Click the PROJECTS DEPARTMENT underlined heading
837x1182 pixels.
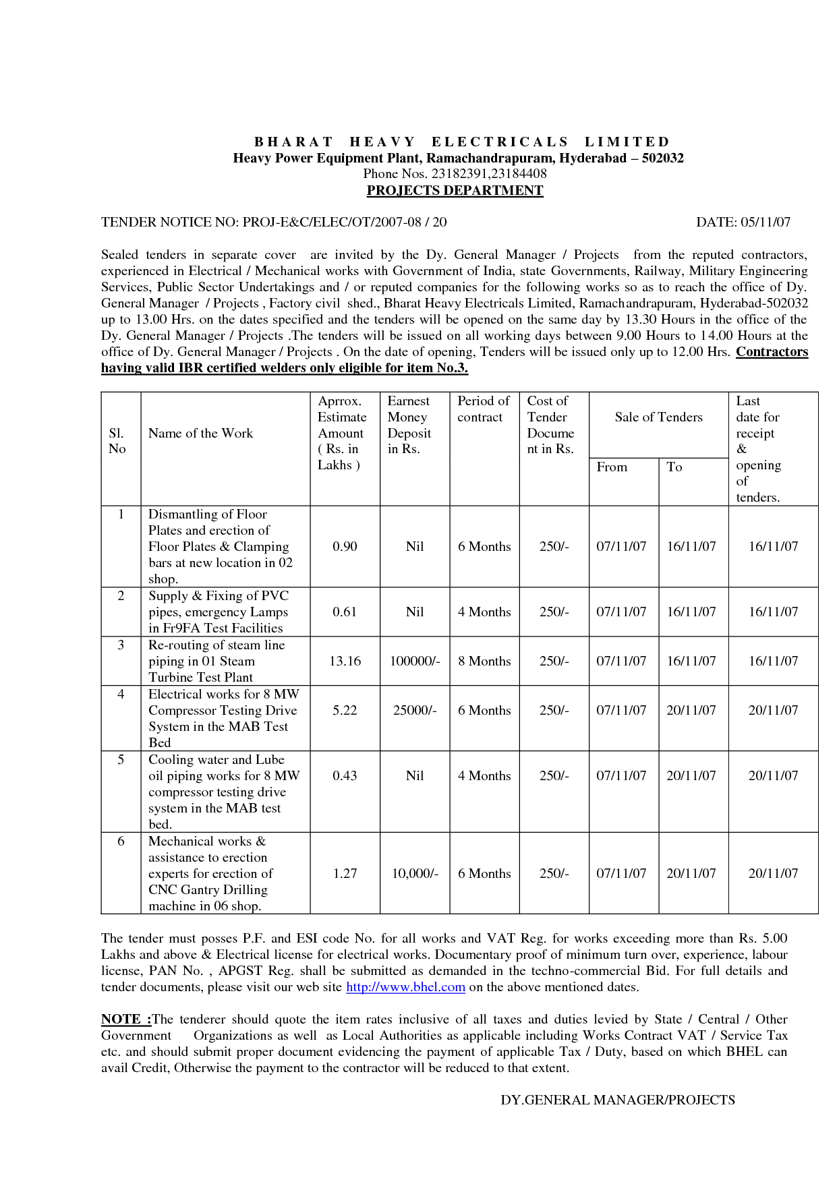[455, 191]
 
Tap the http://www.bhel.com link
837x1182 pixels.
[405, 987]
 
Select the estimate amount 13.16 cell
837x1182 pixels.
[345, 661]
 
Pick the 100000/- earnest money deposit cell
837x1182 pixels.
[415, 661]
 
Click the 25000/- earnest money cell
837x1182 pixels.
[415, 711]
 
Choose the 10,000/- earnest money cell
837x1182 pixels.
[415, 874]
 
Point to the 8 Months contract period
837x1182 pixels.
[484, 661]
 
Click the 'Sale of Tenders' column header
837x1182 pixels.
[658, 417]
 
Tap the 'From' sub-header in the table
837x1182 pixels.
[612, 467]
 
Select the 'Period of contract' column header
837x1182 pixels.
[484, 409]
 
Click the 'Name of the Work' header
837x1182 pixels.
[200, 434]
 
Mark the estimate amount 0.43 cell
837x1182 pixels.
[345, 776]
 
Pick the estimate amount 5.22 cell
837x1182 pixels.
[345, 711]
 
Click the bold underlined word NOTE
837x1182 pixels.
[125, 1020]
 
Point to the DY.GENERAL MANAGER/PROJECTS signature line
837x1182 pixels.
[617, 1100]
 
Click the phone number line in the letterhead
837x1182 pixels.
[455, 174]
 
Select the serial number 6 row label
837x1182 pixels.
[121, 841]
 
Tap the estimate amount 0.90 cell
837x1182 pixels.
[345, 547]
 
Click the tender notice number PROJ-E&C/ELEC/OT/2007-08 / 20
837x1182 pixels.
[344, 223]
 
